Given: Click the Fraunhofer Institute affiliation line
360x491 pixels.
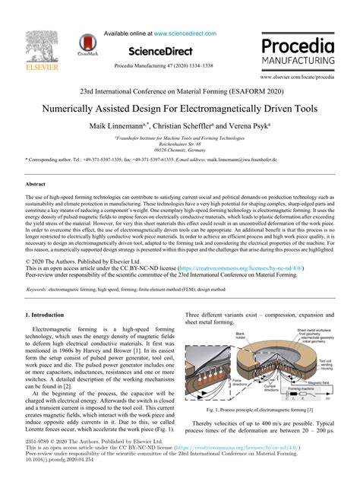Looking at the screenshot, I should point(179,138).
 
